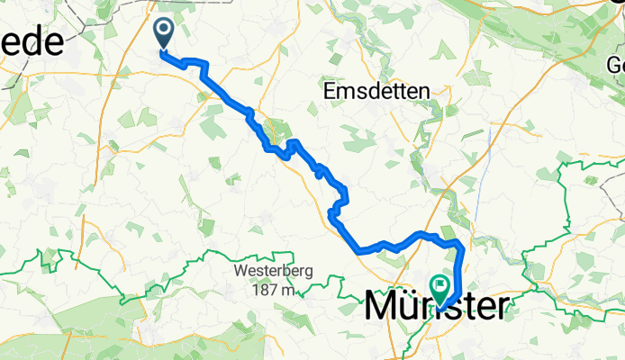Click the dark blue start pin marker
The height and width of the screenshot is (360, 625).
click(x=165, y=34)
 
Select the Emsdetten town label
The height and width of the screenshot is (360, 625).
click(x=376, y=91)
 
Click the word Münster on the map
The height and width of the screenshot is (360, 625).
click(x=437, y=307)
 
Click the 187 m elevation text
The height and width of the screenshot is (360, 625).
click(x=274, y=290)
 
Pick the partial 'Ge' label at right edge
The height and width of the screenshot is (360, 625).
click(x=615, y=65)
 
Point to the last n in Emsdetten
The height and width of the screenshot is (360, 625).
click(x=424, y=91)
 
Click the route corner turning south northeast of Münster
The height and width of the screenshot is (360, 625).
click(x=462, y=246)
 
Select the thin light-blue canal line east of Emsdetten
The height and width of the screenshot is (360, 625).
click(x=487, y=144)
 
